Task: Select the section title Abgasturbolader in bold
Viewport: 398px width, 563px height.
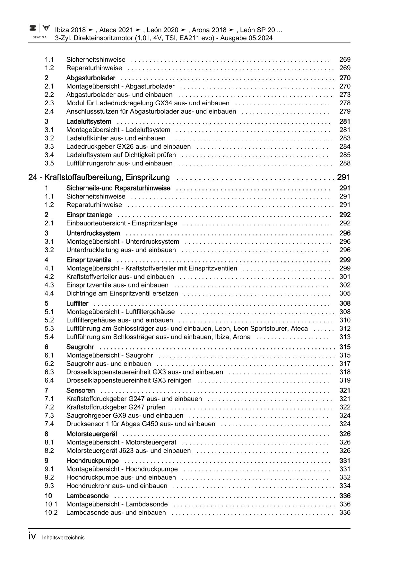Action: [91, 78]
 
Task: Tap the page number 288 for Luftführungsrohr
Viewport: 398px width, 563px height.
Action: [345, 163]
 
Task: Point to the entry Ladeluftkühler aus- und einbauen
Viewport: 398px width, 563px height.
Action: [116, 138]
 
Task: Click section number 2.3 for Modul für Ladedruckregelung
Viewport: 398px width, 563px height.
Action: [49, 103]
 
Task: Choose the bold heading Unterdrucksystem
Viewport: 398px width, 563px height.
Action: [93, 233]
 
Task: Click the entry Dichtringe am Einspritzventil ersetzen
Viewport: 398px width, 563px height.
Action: [122, 293]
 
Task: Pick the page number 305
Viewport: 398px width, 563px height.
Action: [345, 293]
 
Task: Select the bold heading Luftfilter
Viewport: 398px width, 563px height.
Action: [77, 303]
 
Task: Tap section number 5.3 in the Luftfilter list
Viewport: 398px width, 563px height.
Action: [49, 329]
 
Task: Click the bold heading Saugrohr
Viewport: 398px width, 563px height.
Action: [80, 347]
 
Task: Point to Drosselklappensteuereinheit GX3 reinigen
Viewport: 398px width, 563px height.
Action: [129, 380]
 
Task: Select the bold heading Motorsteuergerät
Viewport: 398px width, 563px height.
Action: [91, 434]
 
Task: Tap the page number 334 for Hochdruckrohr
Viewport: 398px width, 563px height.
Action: [345, 486]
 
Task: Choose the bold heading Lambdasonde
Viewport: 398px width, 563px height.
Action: [87, 496]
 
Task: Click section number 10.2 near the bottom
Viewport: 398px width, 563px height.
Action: [51, 513]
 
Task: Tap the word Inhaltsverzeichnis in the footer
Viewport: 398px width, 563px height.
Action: [63, 537]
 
